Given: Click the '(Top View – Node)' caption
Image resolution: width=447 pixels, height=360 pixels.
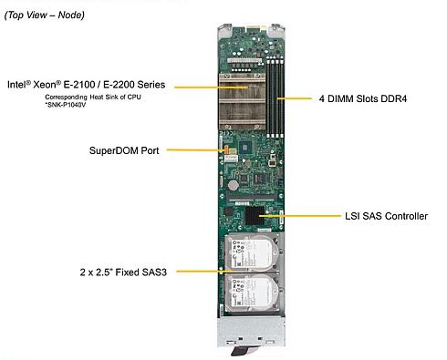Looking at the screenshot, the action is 45,15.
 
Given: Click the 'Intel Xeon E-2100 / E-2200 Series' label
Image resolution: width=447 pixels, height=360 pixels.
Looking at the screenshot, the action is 87,85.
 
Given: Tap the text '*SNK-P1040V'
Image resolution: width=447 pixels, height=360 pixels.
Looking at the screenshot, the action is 65,105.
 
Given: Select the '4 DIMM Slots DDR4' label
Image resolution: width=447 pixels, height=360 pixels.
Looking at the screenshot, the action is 363,98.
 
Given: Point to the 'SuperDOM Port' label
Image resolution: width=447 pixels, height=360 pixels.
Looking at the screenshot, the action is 124,150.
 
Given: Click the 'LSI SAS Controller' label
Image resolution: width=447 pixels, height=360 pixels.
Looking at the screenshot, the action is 386,216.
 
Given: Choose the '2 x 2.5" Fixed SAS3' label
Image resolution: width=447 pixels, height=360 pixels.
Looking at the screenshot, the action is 123,272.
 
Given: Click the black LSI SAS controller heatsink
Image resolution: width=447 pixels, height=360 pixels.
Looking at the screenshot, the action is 255,215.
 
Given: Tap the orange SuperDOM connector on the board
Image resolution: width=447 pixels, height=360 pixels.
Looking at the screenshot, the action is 226,149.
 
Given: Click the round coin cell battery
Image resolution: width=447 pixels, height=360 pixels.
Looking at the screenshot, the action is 234,185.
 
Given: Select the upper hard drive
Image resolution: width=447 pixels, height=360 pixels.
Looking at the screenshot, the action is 252,253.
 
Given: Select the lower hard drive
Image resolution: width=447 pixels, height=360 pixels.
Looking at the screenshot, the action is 252,293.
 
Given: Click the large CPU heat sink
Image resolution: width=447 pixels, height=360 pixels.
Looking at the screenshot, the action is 242,101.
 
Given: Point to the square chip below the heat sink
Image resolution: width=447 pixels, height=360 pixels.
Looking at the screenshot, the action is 244,148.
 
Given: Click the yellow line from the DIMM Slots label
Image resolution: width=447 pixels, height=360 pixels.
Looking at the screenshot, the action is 295,98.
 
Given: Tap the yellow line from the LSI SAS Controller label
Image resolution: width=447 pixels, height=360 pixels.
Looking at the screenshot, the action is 300,216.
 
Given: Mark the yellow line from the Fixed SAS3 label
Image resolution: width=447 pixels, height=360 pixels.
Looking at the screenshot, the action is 204,271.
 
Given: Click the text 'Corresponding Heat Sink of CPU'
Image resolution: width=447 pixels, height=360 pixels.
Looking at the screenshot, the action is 93,98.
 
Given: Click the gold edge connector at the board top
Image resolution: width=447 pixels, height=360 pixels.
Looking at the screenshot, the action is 256,29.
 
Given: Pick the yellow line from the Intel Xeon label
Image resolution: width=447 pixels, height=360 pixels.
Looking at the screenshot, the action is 211,87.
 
